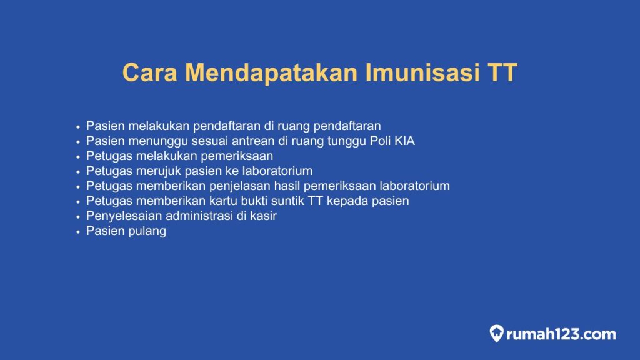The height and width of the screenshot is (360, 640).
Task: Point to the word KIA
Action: (x=404, y=141)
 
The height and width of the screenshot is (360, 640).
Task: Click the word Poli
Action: (x=379, y=141)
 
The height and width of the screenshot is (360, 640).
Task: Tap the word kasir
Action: (x=262, y=216)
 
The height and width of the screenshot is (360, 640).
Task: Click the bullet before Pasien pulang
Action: (x=78, y=232)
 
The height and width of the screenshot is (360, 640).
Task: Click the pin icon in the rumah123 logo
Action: (x=497, y=334)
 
